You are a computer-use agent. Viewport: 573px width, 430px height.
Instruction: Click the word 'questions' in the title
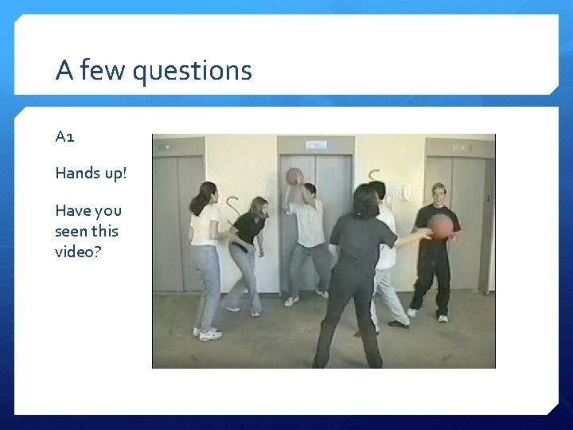click(192, 71)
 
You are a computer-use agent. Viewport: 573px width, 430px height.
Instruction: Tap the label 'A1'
click(65, 136)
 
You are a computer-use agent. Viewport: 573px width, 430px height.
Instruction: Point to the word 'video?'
click(75, 251)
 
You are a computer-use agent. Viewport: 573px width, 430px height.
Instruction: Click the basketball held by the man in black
click(442, 226)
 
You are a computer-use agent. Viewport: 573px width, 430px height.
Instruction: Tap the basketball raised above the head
click(294, 176)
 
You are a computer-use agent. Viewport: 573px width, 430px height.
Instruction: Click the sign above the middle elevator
click(316, 145)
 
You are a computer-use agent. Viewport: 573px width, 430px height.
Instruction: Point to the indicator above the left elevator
click(166, 147)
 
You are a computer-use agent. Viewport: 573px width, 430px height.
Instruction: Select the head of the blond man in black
click(438, 193)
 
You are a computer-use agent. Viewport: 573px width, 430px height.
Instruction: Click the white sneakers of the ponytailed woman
click(207, 333)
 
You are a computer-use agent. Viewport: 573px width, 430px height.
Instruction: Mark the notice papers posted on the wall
click(403, 192)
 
